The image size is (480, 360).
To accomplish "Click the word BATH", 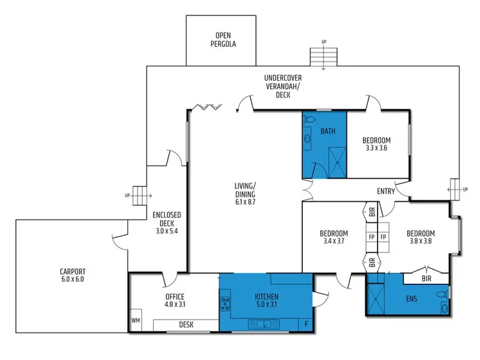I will pos(328,132).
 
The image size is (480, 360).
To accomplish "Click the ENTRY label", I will pos(386,191).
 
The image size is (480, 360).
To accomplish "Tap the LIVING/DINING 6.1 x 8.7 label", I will pos(245,194).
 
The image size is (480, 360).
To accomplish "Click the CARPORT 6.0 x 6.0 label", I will pos(72,275).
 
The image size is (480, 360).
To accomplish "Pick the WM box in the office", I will pos(136,320).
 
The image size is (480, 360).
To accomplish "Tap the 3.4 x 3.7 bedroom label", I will pos(334,238).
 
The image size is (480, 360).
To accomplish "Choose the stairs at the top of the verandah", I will pos(323,57).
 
